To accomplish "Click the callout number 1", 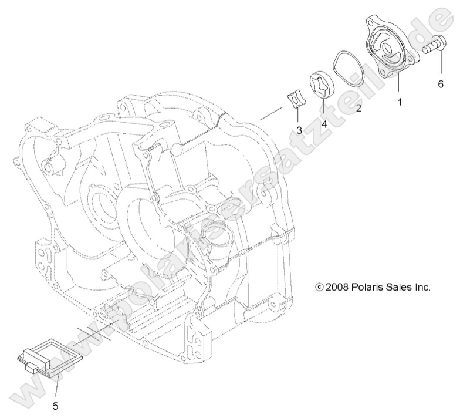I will click(x=400, y=102).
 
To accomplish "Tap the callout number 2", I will click(x=358, y=108).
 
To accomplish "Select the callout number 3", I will click(x=299, y=129).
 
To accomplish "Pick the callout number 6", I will click(x=440, y=84).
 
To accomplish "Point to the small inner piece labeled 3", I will click(x=297, y=100).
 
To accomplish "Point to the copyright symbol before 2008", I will click(x=319, y=288).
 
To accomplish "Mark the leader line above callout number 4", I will click(x=323, y=109).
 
